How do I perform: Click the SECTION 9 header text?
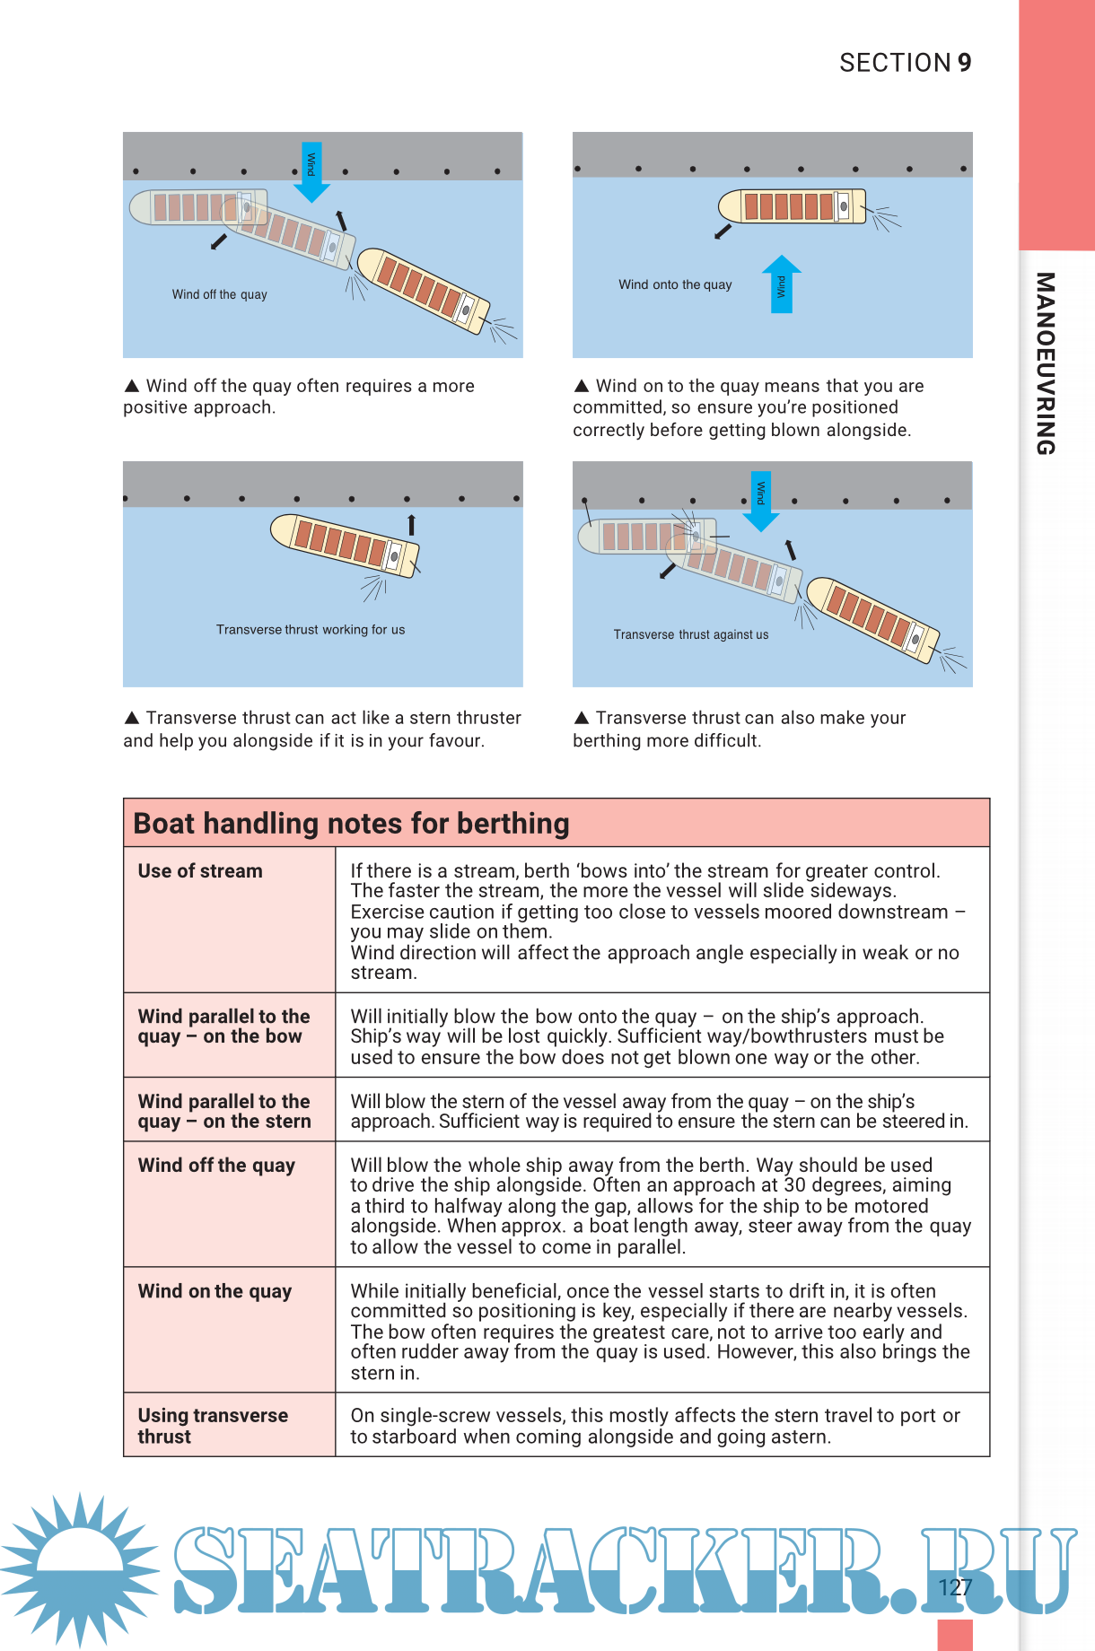[905, 63]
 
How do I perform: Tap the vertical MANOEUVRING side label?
[1045, 363]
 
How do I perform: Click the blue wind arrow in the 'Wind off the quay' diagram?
[311, 171]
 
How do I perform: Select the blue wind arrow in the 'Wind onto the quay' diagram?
[781, 284]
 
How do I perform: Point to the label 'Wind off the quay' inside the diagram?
[220, 294]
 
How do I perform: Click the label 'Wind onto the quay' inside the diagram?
[675, 284]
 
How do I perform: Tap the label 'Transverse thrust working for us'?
[311, 630]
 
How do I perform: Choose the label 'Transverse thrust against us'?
[691, 634]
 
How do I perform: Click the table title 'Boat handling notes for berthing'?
[352, 823]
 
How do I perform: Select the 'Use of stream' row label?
[200, 871]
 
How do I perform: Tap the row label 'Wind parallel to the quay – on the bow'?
[223, 1026]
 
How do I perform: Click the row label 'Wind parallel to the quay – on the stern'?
[224, 1111]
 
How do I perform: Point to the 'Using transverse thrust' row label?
[213, 1426]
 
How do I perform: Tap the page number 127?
[955, 1587]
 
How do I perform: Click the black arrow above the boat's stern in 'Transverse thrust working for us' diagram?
[412, 524]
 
